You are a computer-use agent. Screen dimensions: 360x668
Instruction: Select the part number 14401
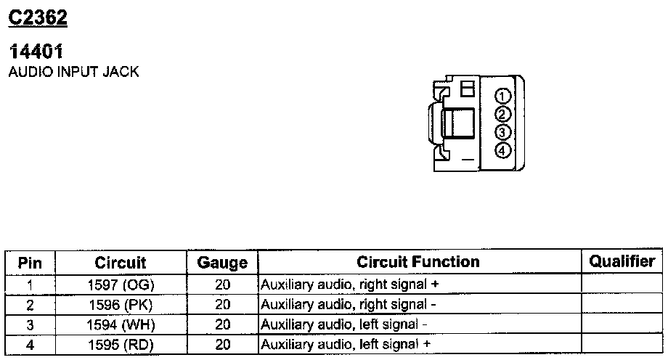(x=36, y=52)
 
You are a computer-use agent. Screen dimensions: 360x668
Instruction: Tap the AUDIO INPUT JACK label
(x=73, y=73)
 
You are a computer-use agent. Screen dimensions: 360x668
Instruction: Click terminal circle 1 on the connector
(x=502, y=97)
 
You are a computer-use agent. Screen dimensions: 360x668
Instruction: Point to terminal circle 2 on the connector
(x=502, y=114)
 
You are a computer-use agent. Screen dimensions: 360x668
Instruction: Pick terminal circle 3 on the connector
(x=502, y=132)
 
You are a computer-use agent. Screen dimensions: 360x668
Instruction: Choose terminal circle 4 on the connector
(x=502, y=150)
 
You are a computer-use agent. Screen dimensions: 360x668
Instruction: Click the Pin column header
(x=30, y=263)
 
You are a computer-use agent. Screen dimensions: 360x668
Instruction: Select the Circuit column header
(x=121, y=263)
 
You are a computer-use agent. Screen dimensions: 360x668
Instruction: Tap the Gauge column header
(x=222, y=263)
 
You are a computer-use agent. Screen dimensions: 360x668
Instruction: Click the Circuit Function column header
(x=418, y=262)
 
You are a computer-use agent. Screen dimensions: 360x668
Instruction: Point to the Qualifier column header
(x=622, y=261)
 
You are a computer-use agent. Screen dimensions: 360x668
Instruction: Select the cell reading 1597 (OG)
(x=121, y=285)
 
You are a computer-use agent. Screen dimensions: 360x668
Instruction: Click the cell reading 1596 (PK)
(x=121, y=305)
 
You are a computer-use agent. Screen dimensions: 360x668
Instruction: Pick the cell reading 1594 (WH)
(x=121, y=324)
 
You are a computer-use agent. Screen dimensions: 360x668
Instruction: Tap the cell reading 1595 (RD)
(x=121, y=345)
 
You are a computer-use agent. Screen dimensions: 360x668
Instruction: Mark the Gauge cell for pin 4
(x=222, y=345)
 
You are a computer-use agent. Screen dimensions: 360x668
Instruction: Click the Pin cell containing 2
(x=30, y=305)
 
